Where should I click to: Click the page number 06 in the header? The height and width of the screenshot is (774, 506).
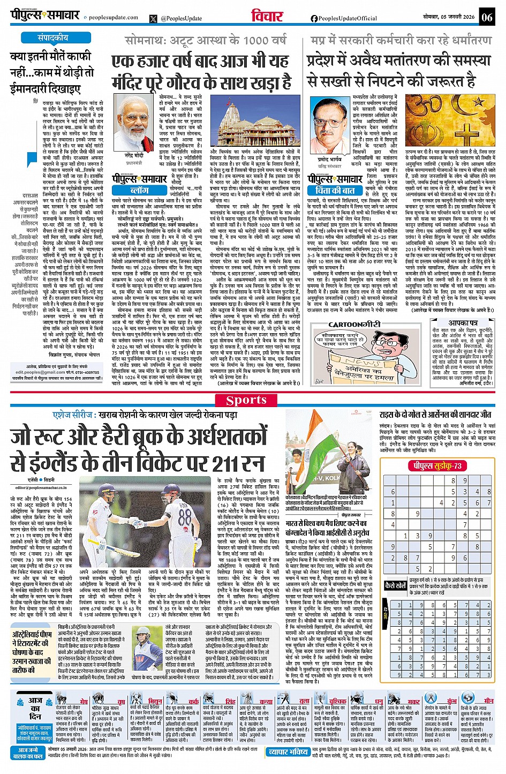coord(486,17)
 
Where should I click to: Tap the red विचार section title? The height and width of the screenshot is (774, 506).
coord(267,16)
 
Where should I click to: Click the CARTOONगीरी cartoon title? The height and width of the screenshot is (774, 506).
coord(354,325)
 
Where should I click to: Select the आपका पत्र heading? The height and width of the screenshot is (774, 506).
coord(463,323)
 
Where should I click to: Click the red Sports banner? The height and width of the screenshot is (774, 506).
coord(253,400)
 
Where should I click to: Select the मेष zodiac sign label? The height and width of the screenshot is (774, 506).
coord(84,701)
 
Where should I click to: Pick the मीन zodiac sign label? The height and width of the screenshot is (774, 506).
coord(488,701)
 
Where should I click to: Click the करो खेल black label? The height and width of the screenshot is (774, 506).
coord(395,585)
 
